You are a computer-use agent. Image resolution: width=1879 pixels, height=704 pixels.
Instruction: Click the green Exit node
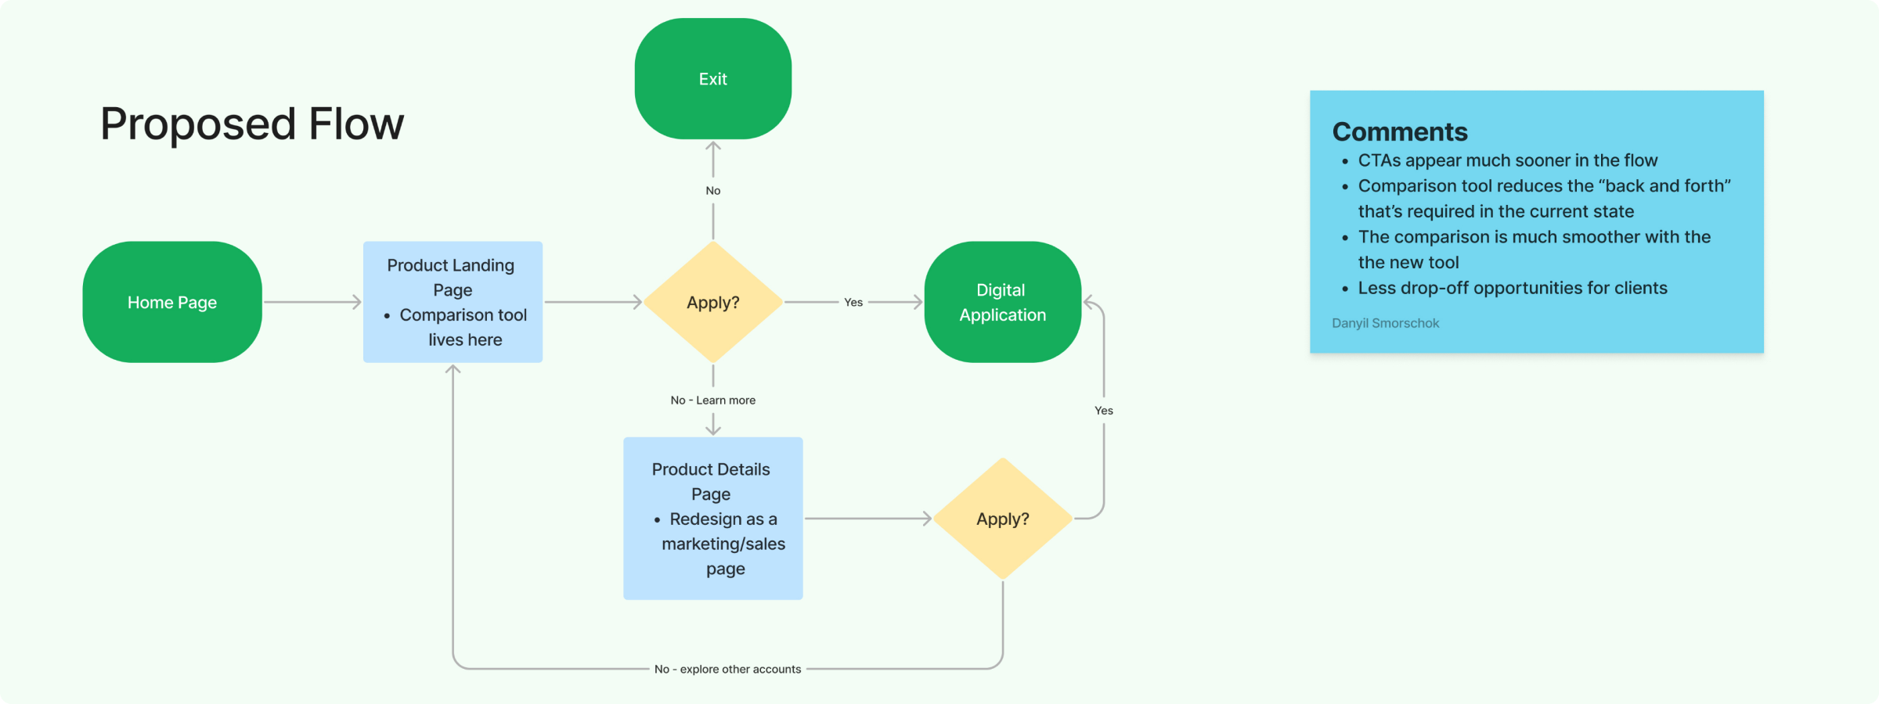pos(712,79)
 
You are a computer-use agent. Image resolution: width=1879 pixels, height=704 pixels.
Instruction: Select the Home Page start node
pos(172,302)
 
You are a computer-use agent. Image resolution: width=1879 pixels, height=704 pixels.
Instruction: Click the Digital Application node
pos(1002,302)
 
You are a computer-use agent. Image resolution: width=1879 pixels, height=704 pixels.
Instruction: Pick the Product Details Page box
pos(712,518)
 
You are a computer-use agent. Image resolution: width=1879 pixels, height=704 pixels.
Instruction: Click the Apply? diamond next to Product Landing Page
pos(712,302)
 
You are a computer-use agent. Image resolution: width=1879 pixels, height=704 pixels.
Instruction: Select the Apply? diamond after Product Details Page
pos(1002,519)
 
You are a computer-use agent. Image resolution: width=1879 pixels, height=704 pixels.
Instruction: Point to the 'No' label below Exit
pos(712,190)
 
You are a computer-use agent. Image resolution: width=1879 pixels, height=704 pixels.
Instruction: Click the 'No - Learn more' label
pos(712,400)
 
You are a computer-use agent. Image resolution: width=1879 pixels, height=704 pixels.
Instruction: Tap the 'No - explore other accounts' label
pos(727,669)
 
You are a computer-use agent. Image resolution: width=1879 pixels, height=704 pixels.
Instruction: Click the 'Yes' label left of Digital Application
pos(853,302)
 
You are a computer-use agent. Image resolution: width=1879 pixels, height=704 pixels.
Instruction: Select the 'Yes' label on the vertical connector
pos(1103,410)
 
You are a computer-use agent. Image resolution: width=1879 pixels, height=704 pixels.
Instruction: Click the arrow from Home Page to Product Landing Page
pos(312,302)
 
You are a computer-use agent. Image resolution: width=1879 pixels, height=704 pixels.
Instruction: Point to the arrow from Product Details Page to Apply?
pos(867,518)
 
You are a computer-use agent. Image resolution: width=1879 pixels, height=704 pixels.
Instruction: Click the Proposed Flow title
pos(251,124)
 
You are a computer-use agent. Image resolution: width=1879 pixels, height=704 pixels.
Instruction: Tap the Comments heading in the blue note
pos(1400,131)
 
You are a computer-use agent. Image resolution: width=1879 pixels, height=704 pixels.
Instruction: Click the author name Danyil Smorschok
pos(1385,323)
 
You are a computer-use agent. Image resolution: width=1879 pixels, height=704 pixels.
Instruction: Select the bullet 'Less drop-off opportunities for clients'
pos(1512,288)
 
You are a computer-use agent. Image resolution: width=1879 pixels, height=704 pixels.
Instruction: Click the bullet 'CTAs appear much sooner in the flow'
pos(1507,160)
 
